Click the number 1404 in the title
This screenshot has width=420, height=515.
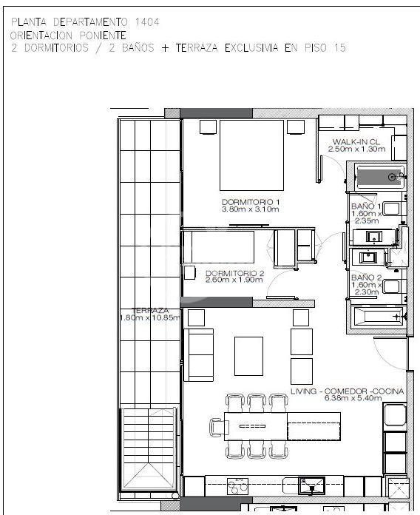[x=147, y=22]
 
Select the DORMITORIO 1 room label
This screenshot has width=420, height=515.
[x=251, y=202]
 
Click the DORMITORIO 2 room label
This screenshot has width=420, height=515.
[x=234, y=273]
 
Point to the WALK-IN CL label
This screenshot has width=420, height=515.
[x=356, y=142]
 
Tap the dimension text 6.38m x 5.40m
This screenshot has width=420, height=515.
[x=353, y=398]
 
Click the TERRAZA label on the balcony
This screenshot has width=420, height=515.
[x=150, y=310]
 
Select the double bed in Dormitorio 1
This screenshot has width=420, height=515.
[x=251, y=155]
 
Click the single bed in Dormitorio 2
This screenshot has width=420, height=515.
[x=219, y=246]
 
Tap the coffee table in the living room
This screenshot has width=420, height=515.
[x=248, y=356]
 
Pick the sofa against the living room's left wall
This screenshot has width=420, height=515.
[x=198, y=354]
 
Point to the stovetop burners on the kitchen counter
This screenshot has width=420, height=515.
[x=237, y=486]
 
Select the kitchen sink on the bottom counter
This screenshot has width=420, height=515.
[x=311, y=486]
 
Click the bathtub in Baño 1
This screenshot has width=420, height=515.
[x=380, y=178]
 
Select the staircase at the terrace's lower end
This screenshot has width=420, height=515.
[x=149, y=449]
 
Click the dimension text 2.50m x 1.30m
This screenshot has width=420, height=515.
[x=356, y=149]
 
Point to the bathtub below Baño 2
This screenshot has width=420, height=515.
[x=379, y=317]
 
